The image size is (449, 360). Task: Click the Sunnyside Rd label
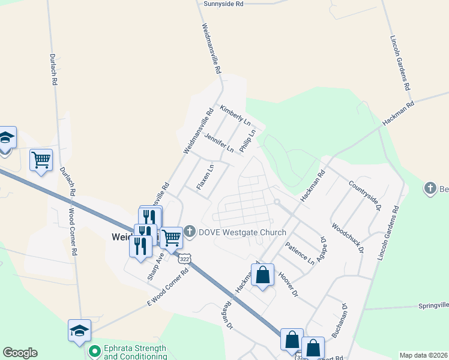coord(223,4)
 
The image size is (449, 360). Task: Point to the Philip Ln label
coord(247,141)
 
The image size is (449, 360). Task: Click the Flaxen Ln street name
coord(205,178)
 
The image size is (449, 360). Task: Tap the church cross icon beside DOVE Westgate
coord(190,232)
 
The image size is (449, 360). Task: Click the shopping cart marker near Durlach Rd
coord(41,160)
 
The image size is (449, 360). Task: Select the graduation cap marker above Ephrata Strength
coord(79,331)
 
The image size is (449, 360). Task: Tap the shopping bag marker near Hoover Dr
coord(263,275)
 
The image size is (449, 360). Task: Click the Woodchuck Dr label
coord(347,239)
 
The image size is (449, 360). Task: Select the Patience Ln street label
coord(300,254)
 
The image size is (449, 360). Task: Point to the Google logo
coord(20,353)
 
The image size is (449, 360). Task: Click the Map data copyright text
coord(423,355)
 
